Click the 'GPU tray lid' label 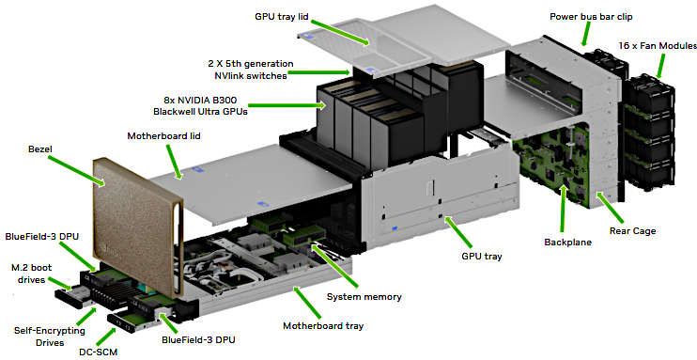[284, 16]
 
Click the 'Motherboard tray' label [323, 327]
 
